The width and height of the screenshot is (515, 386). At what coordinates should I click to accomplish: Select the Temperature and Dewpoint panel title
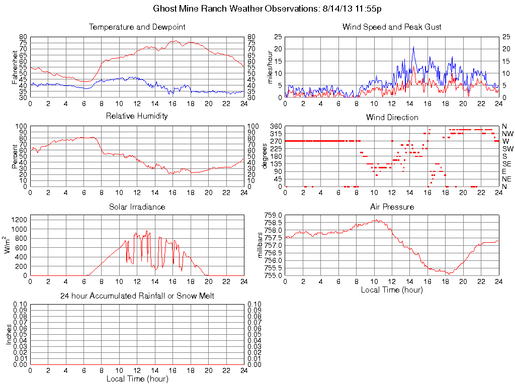137,27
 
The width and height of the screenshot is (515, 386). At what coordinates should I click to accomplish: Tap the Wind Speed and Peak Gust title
392,27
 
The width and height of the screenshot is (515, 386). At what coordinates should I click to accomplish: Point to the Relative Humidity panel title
137,116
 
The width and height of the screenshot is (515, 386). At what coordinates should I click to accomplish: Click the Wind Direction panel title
392,117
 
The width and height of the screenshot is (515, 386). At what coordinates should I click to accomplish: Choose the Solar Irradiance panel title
137,207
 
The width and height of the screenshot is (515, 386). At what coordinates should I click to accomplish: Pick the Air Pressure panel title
392,207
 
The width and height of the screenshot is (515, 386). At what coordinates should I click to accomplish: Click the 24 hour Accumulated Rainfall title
137,296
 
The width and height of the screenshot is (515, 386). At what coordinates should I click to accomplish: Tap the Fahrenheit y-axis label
15,67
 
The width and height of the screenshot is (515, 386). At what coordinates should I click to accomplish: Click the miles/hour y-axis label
270,67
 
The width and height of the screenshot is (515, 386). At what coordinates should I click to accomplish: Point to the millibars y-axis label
261,245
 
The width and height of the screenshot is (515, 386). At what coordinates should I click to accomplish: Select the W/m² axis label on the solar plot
9,245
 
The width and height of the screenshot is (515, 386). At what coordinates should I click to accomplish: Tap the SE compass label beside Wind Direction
507,164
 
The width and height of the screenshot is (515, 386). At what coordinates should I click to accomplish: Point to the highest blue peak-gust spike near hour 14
413,47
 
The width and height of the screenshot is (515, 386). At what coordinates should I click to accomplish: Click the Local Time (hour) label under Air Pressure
392,289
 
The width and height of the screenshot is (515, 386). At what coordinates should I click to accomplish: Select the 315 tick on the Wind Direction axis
276,134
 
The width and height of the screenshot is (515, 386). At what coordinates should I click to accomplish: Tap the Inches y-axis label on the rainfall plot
9,334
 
